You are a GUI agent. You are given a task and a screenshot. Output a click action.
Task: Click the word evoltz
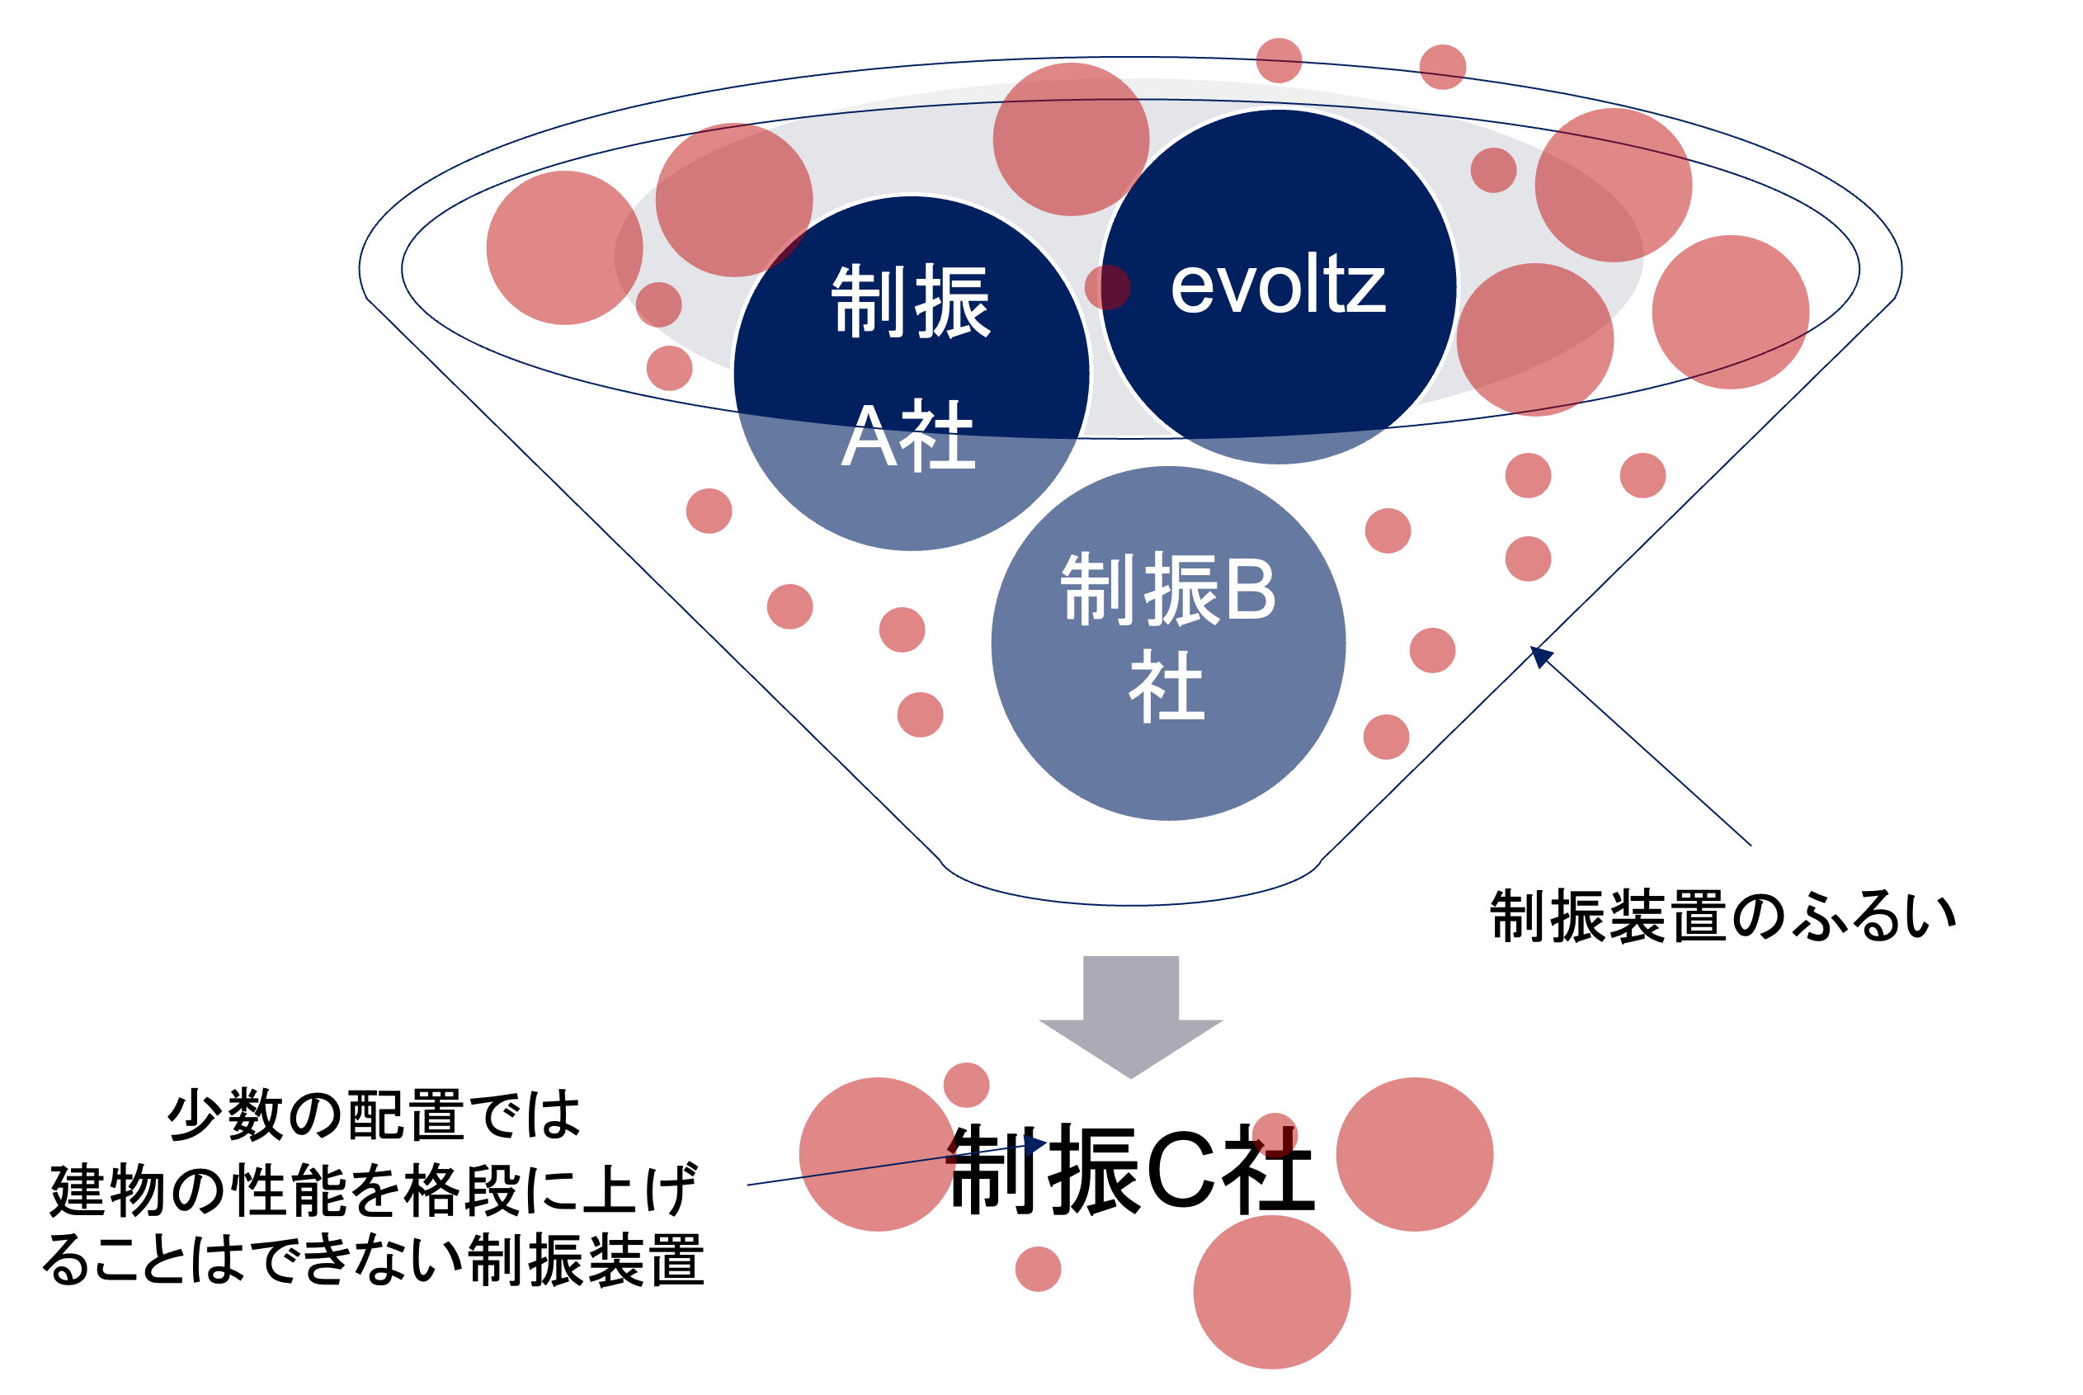coord(1278,285)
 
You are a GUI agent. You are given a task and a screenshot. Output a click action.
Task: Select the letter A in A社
coord(868,436)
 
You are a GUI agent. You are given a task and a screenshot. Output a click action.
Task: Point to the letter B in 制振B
coord(1251,589)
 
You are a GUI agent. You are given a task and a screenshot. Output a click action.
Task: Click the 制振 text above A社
coord(911,301)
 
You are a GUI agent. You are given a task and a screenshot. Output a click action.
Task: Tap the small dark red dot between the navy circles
coord(1107,287)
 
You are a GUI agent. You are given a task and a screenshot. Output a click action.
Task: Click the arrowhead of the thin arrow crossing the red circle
coord(1035,1143)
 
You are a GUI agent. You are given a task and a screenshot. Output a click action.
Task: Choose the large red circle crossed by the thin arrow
coord(876,1154)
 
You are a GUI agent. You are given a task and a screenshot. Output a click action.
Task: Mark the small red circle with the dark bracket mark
coord(1275,1136)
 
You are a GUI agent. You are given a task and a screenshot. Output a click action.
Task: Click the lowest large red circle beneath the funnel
coord(1272,1292)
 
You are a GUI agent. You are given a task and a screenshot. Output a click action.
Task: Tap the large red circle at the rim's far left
coord(564,248)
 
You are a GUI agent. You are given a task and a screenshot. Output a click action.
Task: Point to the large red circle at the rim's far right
coord(1730,311)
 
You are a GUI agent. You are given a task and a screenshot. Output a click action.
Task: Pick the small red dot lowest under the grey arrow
coord(1038,1269)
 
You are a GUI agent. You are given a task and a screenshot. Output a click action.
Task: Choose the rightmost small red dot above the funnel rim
coord(1442,67)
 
